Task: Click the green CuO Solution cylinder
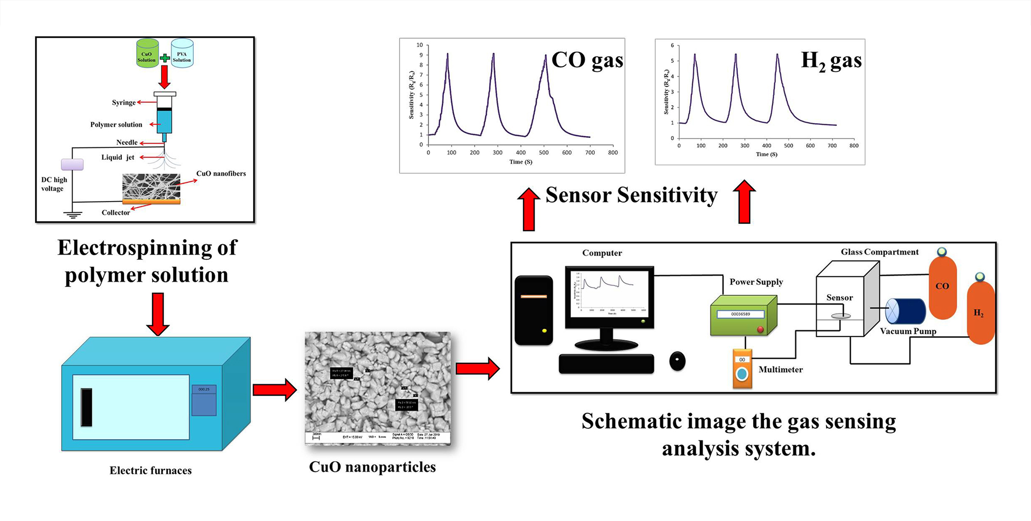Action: coord(147,54)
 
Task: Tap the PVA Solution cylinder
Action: coord(182,54)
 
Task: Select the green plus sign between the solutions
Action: coord(164,58)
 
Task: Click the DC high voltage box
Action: coord(72,164)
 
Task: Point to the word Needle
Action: coord(127,143)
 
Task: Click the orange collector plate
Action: coord(151,202)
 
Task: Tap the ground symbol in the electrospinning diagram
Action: coord(73,215)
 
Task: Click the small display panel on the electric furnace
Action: coord(204,400)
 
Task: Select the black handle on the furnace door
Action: coord(87,407)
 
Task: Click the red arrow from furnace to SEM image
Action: coord(274,390)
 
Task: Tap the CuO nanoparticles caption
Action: coord(372,467)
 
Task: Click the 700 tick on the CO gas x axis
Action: coord(590,153)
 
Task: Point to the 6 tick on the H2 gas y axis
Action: coord(672,46)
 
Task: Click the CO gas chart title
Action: coord(587,60)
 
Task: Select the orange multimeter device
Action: coord(742,369)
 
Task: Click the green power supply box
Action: coord(743,316)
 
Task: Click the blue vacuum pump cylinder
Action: coord(906,311)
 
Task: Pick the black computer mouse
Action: coord(677,361)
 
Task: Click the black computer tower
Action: coord(534,311)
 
